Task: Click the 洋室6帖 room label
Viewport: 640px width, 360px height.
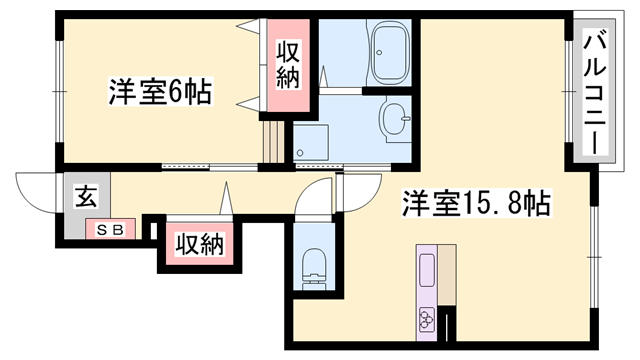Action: click(x=160, y=92)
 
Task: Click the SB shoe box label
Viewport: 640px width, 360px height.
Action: click(x=109, y=230)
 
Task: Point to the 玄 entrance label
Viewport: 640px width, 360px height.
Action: click(x=85, y=196)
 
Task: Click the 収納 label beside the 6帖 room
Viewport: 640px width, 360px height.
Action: click(x=289, y=64)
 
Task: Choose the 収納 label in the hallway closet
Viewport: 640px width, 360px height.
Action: click(x=199, y=243)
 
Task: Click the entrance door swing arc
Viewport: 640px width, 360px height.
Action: click(x=38, y=193)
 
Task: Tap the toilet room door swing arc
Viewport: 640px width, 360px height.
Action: click(x=318, y=200)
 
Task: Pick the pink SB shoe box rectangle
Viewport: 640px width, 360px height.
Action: click(x=109, y=230)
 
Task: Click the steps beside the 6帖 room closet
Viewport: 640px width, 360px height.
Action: click(x=270, y=140)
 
